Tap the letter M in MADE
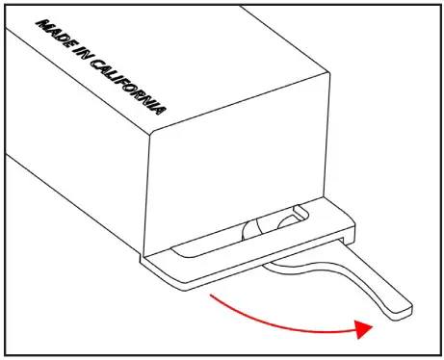tap(41, 24)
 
